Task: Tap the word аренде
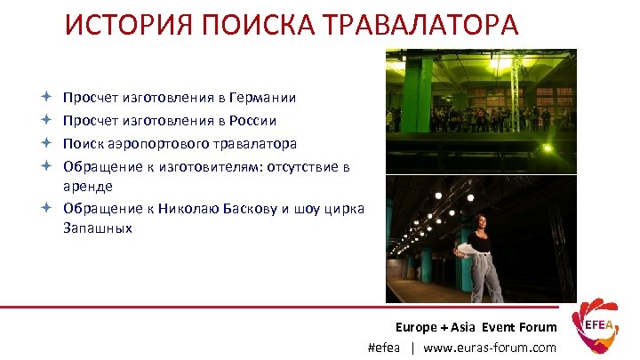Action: (x=87, y=186)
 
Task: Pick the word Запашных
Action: (x=97, y=228)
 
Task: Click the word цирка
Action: (x=346, y=208)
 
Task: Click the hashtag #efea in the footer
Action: (x=384, y=348)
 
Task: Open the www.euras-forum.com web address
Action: (x=490, y=348)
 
